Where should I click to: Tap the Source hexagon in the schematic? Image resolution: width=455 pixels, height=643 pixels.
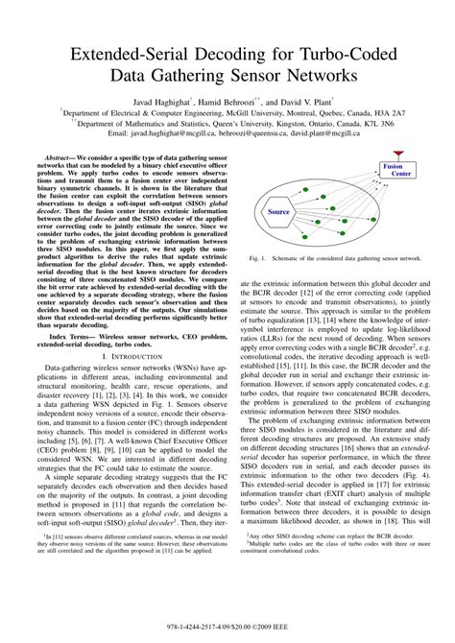click(x=278, y=211)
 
